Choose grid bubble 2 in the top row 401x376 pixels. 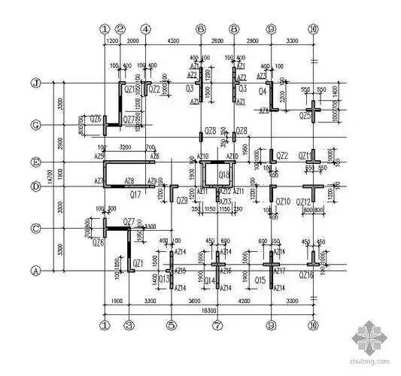click(120, 29)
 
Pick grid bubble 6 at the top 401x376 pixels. click(200, 29)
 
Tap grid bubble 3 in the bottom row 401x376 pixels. click(129, 325)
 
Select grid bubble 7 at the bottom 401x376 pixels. click(217, 325)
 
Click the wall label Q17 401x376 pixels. click(136, 194)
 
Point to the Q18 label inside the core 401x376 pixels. click(224, 176)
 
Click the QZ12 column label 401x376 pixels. click(303, 202)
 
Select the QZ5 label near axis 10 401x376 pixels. click(304, 116)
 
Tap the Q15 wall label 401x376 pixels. click(260, 280)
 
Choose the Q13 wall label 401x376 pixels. click(165, 280)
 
